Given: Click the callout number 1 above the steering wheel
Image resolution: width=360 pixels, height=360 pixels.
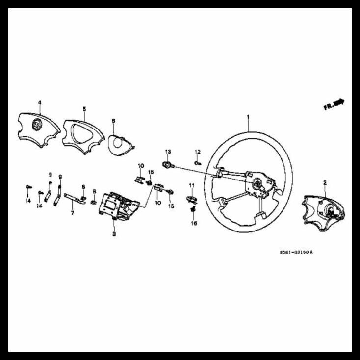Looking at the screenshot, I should [248, 117].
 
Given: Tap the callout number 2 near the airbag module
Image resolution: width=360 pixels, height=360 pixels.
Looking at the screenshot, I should [325, 182].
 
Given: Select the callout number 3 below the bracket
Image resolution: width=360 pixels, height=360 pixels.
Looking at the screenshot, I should [114, 234].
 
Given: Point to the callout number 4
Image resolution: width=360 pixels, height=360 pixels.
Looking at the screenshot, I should [40, 103].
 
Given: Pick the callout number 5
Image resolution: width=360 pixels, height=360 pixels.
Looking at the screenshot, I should [84, 109].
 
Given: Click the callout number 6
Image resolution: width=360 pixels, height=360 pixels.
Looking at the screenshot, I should [113, 120].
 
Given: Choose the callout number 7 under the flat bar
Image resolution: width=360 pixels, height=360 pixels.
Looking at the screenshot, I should [72, 213].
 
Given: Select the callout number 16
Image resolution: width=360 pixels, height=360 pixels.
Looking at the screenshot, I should [194, 223].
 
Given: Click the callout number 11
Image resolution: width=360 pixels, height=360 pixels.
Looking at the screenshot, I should [192, 185].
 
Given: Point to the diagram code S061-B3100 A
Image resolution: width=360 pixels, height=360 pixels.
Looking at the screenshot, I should [296, 252].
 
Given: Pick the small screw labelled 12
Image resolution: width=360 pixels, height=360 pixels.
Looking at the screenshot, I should [197, 162].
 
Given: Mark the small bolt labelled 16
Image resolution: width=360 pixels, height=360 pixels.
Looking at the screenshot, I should [193, 209].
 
